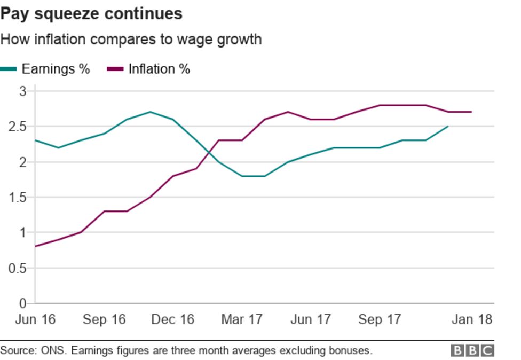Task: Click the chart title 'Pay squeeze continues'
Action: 91,13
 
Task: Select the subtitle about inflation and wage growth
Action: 131,39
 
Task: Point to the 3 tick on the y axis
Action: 23,91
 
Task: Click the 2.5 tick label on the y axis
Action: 19,127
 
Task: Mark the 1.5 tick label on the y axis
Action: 19,197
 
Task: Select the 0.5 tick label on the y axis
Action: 19,268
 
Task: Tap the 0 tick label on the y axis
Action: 23,303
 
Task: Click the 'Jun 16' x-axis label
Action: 35,319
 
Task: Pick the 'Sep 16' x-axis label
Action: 104,319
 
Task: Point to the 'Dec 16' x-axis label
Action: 172,319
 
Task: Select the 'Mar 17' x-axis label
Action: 242,319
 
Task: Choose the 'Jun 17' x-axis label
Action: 311,319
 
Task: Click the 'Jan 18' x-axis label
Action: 471,319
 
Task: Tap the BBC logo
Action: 472,350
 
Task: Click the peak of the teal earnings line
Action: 150,112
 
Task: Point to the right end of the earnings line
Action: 448,126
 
